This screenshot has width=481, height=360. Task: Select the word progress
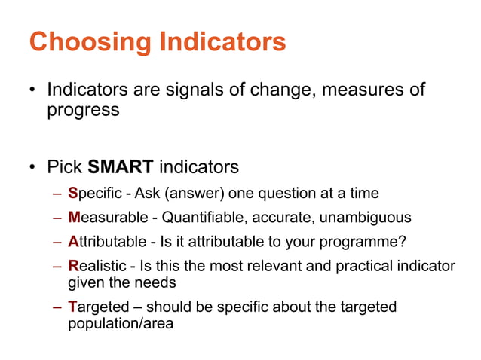tap(83, 110)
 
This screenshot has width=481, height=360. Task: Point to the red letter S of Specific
tap(72, 194)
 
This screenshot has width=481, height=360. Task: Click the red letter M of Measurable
tap(74, 218)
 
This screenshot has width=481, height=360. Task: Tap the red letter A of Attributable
tap(73, 243)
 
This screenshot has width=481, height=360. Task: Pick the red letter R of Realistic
tap(73, 267)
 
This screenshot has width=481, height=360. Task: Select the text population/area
tap(121, 324)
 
